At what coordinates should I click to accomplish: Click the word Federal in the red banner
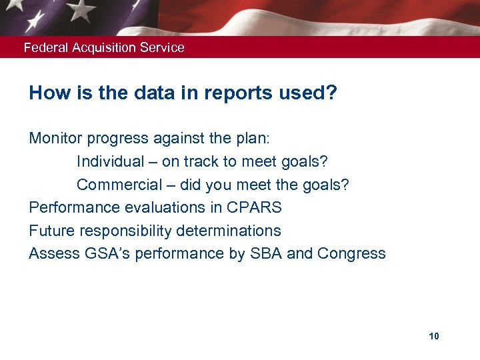click(44, 47)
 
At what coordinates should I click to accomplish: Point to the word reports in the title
click(223, 93)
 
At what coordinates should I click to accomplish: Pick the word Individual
click(110, 161)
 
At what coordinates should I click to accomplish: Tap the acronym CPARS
click(254, 207)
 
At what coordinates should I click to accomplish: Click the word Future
click(50, 231)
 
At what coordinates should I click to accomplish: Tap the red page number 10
click(434, 336)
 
